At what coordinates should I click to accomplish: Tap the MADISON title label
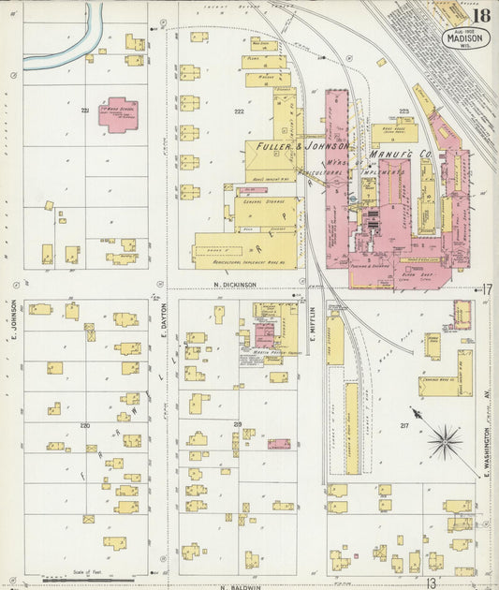[x=464, y=40]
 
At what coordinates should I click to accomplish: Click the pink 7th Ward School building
[x=120, y=114]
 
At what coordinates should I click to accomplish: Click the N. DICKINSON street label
[x=235, y=285]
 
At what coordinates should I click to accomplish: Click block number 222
[x=239, y=111]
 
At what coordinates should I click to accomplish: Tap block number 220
[x=84, y=425]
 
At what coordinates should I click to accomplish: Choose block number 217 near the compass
[x=404, y=426]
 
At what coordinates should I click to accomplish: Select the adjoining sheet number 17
[x=487, y=289]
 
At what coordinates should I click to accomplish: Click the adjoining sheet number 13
[x=431, y=583]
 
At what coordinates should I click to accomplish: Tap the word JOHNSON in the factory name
[x=326, y=147]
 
